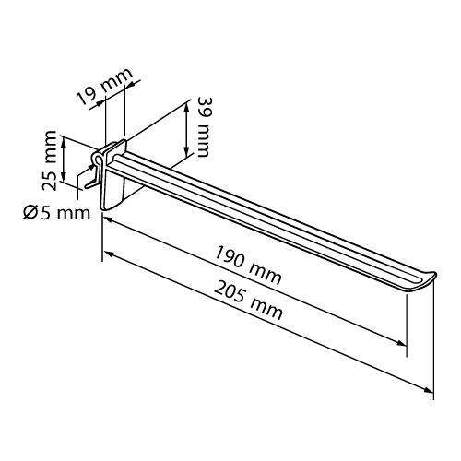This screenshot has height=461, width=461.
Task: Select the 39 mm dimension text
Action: (x=203, y=127)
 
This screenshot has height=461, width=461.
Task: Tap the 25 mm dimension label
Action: (x=49, y=160)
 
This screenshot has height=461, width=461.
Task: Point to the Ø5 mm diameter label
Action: (x=57, y=213)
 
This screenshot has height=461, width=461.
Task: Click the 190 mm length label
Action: (x=247, y=266)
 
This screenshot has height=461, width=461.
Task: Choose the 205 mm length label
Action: (x=248, y=301)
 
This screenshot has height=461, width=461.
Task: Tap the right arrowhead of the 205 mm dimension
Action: (x=429, y=390)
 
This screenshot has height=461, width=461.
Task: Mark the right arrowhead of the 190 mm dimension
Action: (x=401, y=343)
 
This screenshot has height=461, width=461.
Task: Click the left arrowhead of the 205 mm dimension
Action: (x=108, y=254)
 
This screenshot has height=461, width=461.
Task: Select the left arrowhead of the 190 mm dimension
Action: (x=108, y=220)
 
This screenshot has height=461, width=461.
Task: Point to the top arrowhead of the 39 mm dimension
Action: (x=186, y=108)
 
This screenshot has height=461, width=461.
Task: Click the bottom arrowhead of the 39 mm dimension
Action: (x=186, y=151)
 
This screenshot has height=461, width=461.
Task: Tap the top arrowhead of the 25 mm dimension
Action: (x=64, y=142)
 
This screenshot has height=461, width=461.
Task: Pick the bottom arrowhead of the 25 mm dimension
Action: (x=64, y=177)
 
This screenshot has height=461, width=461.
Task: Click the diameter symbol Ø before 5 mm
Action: (x=30, y=213)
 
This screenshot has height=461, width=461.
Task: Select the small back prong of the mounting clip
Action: (x=91, y=184)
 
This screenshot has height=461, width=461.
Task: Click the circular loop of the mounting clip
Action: (x=98, y=159)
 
